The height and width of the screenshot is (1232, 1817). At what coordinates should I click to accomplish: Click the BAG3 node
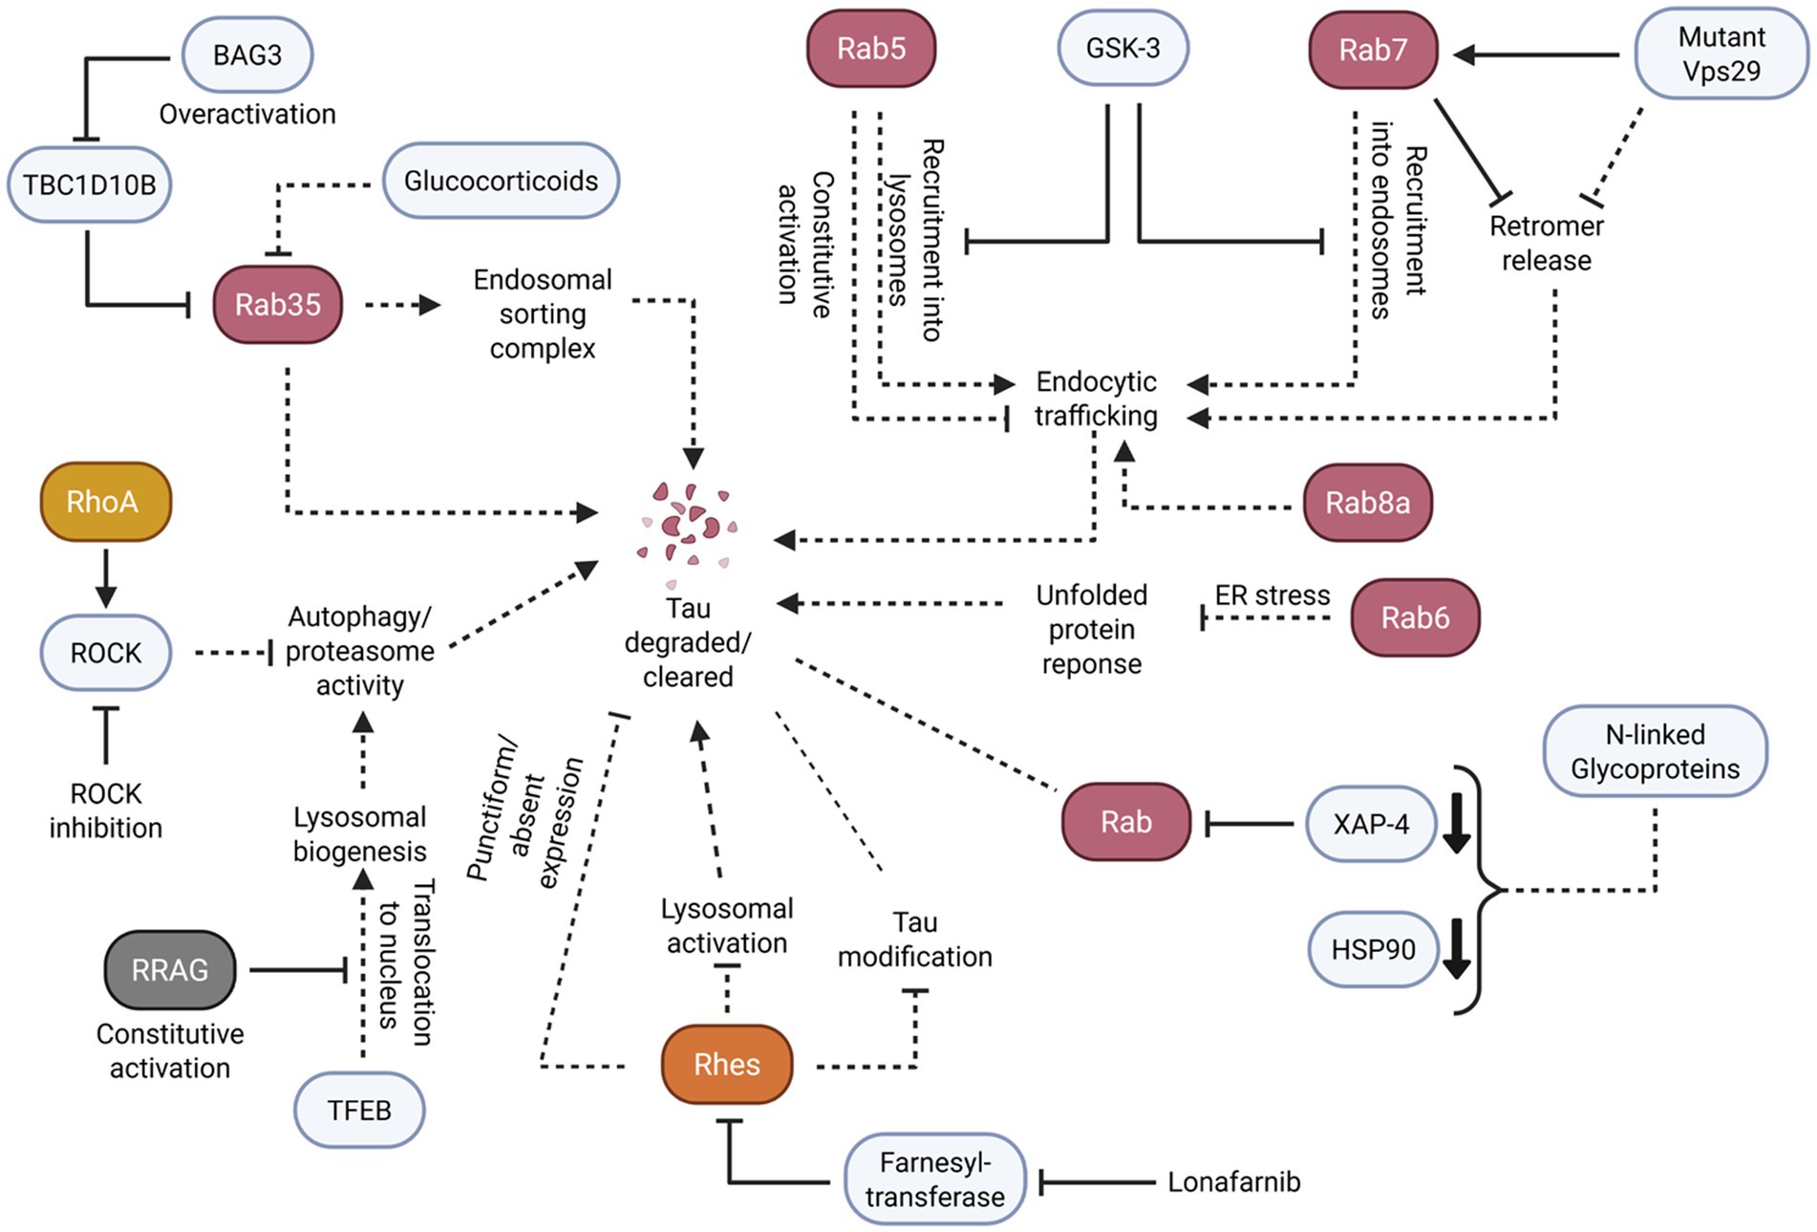(247, 54)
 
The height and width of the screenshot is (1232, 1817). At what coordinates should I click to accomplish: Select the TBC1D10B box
(89, 184)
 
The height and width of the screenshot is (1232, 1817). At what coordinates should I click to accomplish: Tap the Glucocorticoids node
(501, 181)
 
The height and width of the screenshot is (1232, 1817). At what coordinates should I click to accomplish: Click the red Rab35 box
(278, 305)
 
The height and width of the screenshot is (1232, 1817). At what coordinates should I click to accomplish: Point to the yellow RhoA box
(105, 502)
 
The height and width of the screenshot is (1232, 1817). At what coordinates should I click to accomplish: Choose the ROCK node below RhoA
(105, 653)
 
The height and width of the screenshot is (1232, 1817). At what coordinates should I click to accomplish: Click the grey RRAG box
(170, 970)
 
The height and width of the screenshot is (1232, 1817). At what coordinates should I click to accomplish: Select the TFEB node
(359, 1110)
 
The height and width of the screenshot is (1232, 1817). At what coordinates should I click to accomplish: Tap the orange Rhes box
(727, 1065)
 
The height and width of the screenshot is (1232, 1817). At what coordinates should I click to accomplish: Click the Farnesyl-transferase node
(935, 1179)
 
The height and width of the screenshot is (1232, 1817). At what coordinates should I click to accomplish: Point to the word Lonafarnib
(1233, 1182)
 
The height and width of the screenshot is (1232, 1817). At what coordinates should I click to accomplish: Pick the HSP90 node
(1373, 949)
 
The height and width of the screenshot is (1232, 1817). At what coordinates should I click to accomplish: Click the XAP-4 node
(1371, 824)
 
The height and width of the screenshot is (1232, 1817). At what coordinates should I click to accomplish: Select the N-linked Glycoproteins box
(1655, 751)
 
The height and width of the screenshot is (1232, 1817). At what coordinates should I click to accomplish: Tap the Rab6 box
(1415, 617)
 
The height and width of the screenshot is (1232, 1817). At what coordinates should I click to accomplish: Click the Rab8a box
(1367, 503)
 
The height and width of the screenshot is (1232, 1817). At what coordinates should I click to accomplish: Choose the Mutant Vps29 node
(1721, 54)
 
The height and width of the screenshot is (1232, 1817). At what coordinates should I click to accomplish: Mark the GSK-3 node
(1122, 48)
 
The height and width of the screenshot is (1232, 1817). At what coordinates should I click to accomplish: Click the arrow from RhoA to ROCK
(105, 577)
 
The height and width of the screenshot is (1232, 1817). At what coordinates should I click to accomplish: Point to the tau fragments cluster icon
(687, 530)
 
